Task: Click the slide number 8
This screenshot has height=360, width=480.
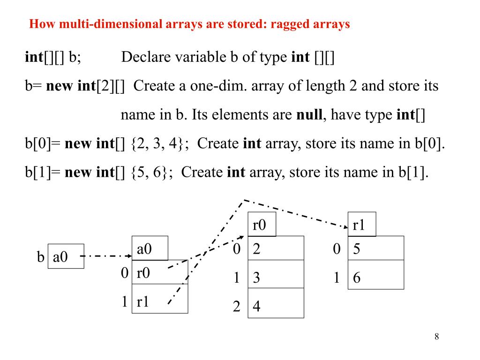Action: tap(436, 337)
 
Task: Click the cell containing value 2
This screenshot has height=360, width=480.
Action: tap(276, 248)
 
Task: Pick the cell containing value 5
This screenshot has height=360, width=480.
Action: tap(376, 248)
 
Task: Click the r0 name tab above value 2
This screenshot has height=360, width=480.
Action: tap(262, 225)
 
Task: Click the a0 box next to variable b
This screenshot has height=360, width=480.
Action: tap(66, 256)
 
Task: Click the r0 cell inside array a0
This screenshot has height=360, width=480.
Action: tap(160, 272)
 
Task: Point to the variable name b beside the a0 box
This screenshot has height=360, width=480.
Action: tap(40, 257)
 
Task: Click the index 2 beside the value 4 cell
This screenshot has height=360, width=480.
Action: tap(237, 307)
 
